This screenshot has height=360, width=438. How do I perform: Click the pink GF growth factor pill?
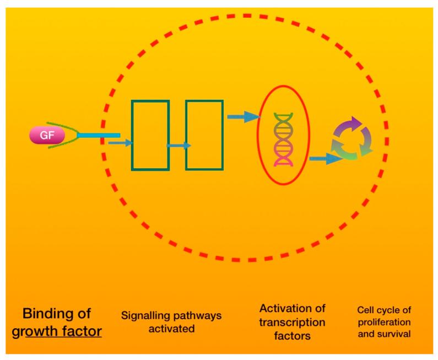[47, 135]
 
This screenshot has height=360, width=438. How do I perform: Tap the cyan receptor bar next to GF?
[99, 136]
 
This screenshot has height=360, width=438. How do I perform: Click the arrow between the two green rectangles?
[179, 146]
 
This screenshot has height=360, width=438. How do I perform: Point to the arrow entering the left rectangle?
[120, 143]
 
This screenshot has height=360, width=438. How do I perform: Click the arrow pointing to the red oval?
[244, 116]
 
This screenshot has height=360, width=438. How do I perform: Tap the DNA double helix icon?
[283, 139]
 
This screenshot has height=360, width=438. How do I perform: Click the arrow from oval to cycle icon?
[326, 159]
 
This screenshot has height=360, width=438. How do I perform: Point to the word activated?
[171, 329]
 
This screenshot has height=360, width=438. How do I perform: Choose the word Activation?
[282, 308]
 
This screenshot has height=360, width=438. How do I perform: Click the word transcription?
[292, 323]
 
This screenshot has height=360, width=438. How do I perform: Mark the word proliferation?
[385, 322]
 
